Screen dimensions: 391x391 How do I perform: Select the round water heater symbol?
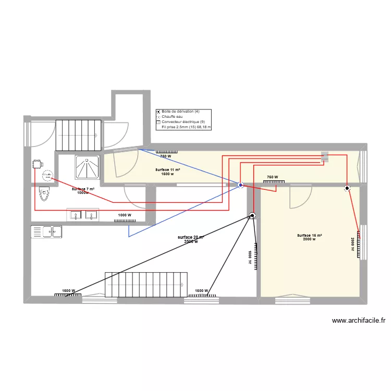coord(47,177)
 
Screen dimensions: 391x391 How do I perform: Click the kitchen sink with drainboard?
coord(46,231)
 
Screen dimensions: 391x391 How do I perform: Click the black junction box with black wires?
coord(252,215)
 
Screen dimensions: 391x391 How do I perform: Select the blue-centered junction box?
coord(240,185)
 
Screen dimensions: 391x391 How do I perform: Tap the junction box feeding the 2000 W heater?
coord(347,189)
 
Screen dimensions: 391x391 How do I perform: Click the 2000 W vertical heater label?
coord(353,245)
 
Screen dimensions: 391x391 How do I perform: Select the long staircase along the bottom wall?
coord(146,284)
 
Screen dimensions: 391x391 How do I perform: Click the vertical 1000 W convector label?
coord(250,258)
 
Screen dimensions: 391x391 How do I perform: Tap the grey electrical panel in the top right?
coord(325,156)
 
